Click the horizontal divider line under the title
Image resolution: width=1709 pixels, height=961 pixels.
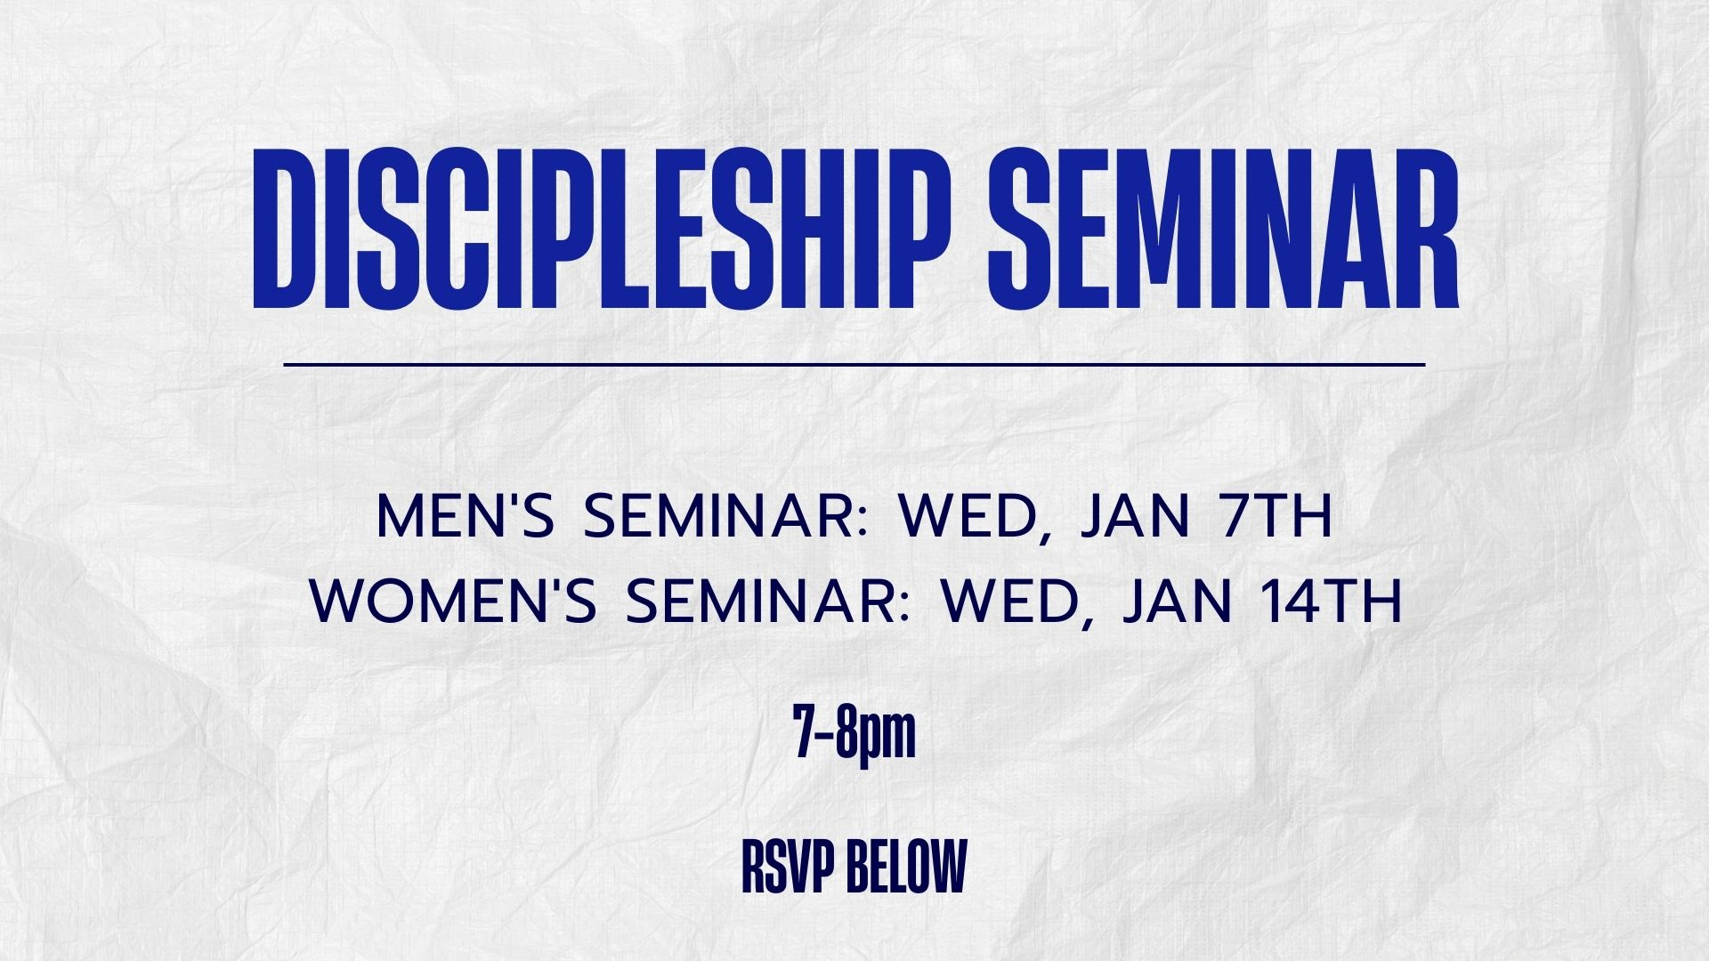point(854,364)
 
